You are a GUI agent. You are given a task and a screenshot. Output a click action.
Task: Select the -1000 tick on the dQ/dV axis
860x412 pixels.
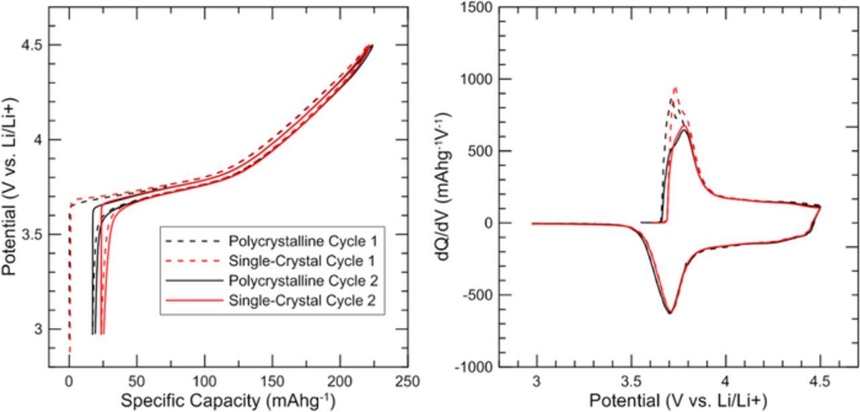point(491,367)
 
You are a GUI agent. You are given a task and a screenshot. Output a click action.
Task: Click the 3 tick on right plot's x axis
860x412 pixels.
point(536,382)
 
